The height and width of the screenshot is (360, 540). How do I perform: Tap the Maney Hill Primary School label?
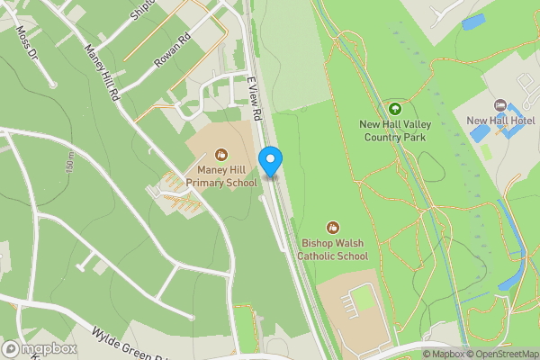[222, 176]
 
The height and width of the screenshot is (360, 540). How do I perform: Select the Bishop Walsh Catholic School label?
[335, 249]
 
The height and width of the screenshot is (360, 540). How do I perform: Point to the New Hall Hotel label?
[500, 120]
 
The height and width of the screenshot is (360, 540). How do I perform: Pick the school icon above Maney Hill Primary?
[221, 155]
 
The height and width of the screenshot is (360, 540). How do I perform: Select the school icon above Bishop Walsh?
[334, 228]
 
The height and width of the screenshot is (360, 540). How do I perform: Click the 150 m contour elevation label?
[69, 163]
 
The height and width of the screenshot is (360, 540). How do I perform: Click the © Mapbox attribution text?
[444, 354]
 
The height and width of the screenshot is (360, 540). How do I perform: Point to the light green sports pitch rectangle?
[362, 297]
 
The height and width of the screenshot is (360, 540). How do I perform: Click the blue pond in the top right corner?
[472, 22]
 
